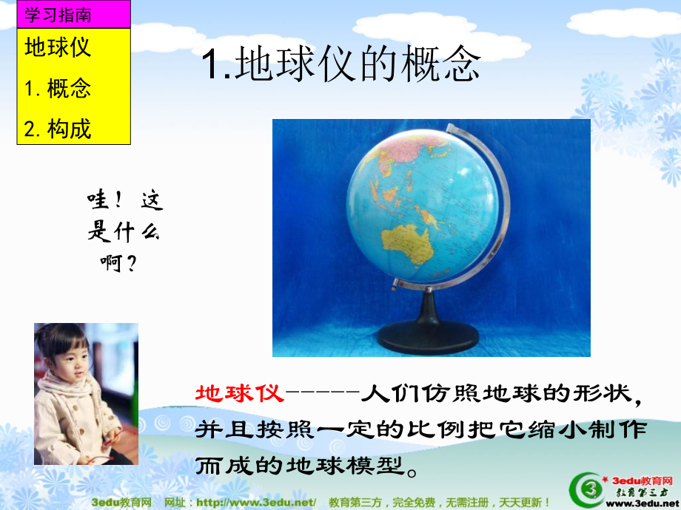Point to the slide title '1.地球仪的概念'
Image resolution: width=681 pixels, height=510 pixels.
[x=340, y=66]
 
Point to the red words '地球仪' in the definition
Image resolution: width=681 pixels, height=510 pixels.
[x=239, y=392]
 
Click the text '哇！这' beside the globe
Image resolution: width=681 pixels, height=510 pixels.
[x=125, y=201]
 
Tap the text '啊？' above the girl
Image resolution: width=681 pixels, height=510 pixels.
[x=119, y=262]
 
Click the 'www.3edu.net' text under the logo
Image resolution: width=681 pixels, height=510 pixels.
[x=643, y=503]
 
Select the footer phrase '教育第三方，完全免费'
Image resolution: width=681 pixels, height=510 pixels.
[x=392, y=502]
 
